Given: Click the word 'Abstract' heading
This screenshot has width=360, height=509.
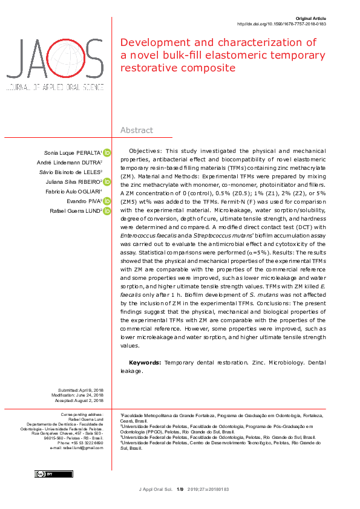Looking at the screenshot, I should pos(137,130).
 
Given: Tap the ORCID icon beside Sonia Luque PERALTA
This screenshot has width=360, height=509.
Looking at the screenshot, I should pos(107,152).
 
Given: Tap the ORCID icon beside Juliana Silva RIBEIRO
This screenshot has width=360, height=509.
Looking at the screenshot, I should pos(107,182).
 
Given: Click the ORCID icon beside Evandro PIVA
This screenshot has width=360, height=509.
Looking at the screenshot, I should pos(107,201).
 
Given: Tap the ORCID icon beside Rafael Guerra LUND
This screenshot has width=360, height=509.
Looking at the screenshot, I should pos(107,211).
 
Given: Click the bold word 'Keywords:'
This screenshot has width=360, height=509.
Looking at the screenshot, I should pos(145,362).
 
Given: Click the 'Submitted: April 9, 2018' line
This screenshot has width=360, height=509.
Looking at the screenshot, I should pos(81,391).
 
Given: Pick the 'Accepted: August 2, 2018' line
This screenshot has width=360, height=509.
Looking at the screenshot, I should pos(81,401).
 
